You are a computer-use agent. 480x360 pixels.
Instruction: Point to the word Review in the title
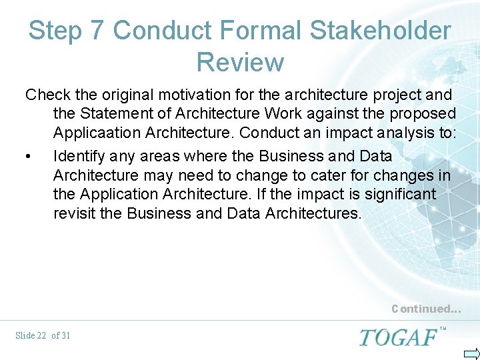click(x=240, y=62)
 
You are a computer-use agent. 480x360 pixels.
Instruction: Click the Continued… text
click(x=425, y=309)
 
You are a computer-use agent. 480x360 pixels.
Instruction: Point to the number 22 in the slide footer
click(x=41, y=335)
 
